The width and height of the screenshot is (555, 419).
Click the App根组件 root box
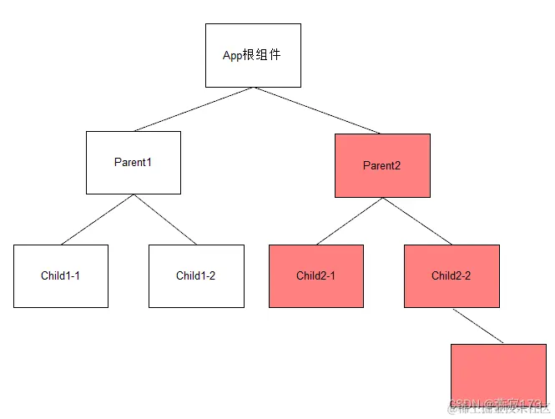point(253,55)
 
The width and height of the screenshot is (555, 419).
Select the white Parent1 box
point(134,162)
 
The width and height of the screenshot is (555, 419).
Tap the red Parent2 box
point(382,165)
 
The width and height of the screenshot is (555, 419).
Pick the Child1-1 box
point(61,275)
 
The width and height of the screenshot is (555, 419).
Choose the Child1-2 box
point(196,275)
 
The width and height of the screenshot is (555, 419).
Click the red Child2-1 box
point(315,275)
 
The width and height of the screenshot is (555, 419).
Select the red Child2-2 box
point(452,275)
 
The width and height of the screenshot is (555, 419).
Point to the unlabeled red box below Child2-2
point(498,374)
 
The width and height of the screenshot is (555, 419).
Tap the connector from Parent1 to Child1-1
point(97,220)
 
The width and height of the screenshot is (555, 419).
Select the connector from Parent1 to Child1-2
point(165,220)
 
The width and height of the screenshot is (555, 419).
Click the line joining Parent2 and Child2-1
point(349,221)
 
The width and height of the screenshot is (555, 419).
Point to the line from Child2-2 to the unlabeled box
point(478,326)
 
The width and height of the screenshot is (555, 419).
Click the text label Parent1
point(134,162)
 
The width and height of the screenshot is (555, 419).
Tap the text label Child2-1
point(315,275)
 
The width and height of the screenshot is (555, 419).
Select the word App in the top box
point(232,56)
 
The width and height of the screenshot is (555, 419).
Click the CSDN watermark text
point(461,407)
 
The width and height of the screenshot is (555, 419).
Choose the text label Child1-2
point(196,275)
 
